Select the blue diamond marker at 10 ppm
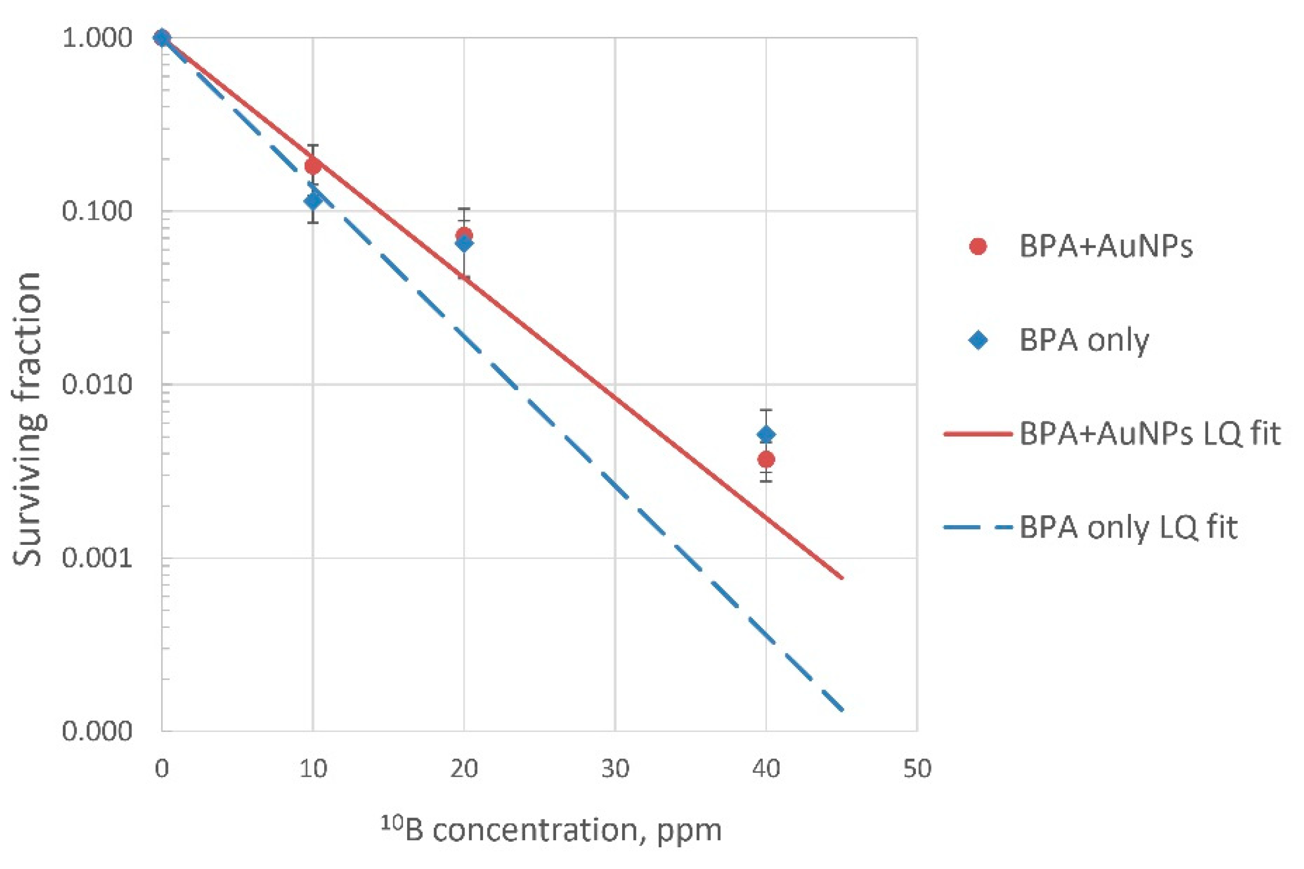coord(313,200)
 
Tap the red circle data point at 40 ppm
coord(766,459)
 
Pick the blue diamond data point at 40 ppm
coord(766,434)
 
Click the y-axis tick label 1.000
coord(97,39)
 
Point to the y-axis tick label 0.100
coord(97,212)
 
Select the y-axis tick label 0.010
coord(97,385)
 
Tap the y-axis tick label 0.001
coord(97,558)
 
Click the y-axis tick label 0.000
coord(97,731)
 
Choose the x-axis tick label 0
coord(162,769)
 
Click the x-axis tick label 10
coord(313,769)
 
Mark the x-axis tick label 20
coord(464,769)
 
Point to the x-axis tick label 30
coord(615,769)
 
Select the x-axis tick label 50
coord(917,769)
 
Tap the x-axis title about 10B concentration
coord(551,830)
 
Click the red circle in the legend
coord(978,246)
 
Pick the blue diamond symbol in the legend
coord(978,340)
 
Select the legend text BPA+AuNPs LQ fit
coord(1150,434)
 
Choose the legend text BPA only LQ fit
coord(1128,527)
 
